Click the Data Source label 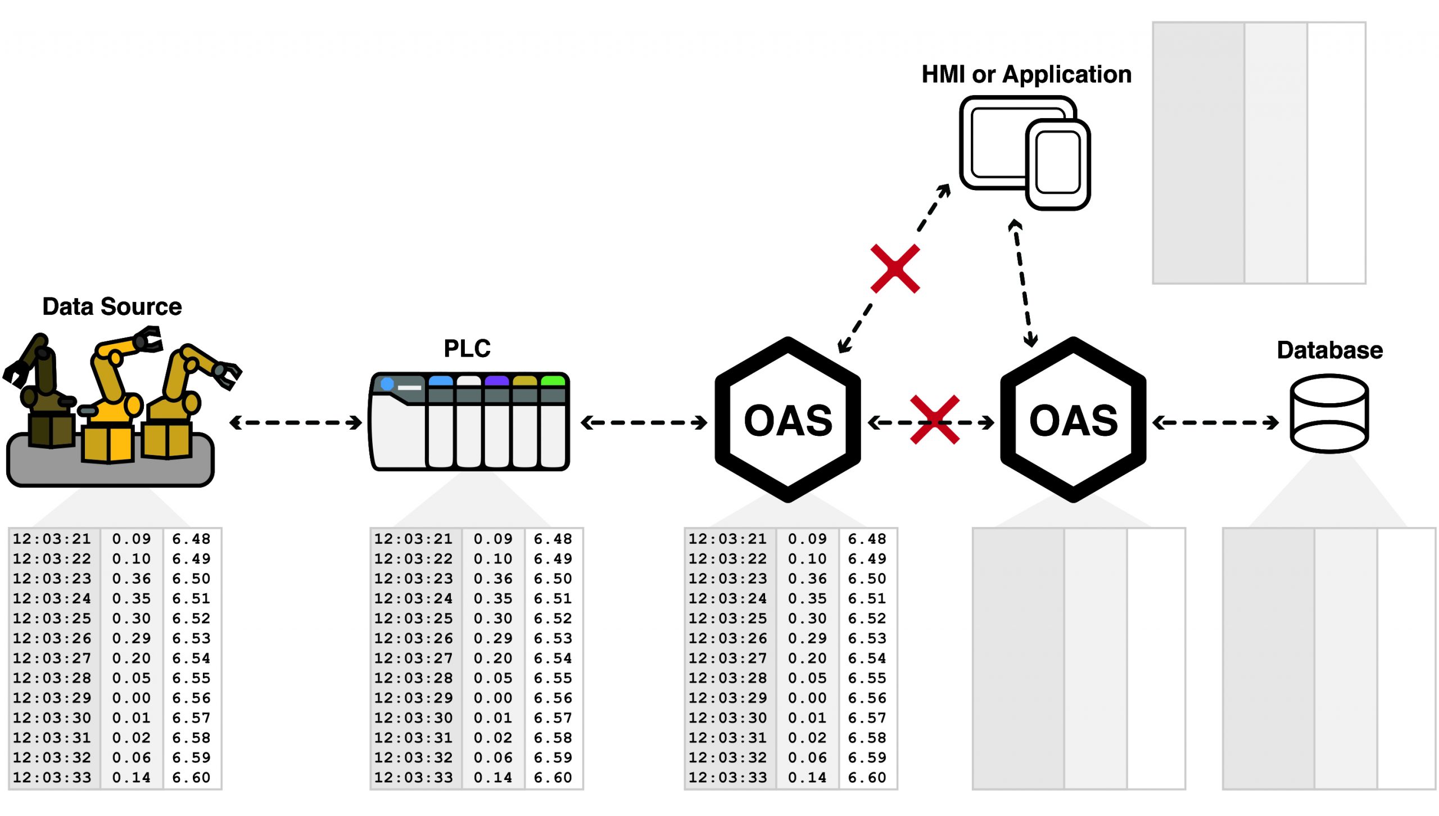112,307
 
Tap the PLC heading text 467,349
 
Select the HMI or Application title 1026,75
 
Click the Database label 1329,350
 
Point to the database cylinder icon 1329,414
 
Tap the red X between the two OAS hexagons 934,420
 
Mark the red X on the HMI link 895,269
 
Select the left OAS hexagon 788,420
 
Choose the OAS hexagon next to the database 1073,420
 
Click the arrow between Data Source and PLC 296,422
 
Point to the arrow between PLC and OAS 644,422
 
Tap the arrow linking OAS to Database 1215,422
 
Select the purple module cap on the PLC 496,381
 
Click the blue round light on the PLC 387,384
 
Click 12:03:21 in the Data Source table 52,539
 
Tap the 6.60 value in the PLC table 553,778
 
